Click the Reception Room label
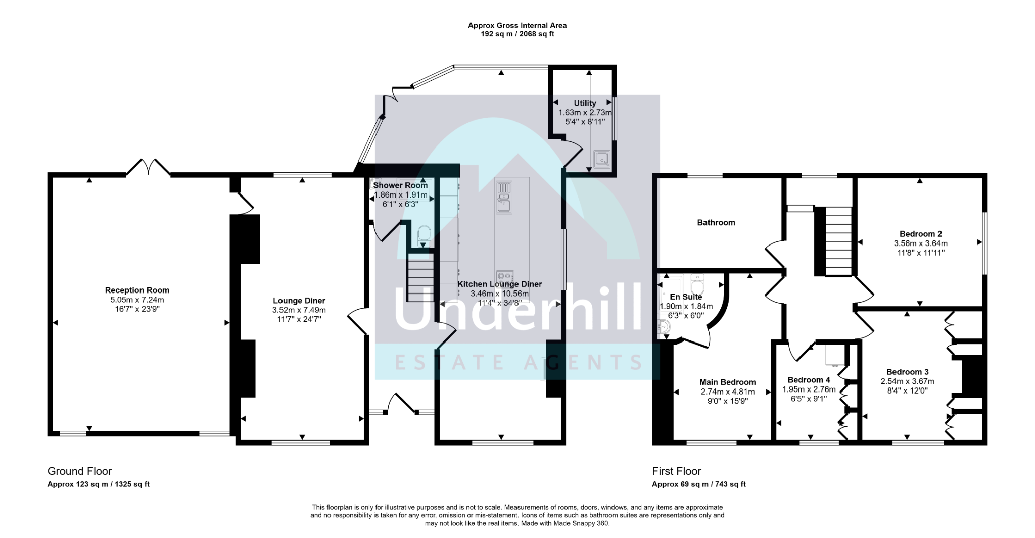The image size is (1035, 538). [137, 290]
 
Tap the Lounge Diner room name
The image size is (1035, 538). [299, 301]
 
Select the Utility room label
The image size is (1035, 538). [585, 103]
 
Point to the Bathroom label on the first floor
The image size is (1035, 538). [716, 222]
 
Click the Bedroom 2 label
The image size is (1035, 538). [921, 234]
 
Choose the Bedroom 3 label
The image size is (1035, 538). [908, 372]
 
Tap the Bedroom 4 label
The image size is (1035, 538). [809, 380]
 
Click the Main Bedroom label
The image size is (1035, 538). [728, 382]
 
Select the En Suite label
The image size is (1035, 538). [686, 297]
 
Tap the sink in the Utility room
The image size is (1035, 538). [602, 159]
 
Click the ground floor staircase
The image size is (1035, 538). [421, 278]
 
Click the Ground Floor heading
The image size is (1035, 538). [79, 471]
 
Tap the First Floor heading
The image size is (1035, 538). [677, 471]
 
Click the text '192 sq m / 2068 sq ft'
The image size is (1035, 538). [517, 34]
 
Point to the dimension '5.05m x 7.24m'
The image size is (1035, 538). [137, 300]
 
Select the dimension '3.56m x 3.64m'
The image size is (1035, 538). [921, 243]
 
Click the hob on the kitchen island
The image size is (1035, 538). [504, 276]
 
